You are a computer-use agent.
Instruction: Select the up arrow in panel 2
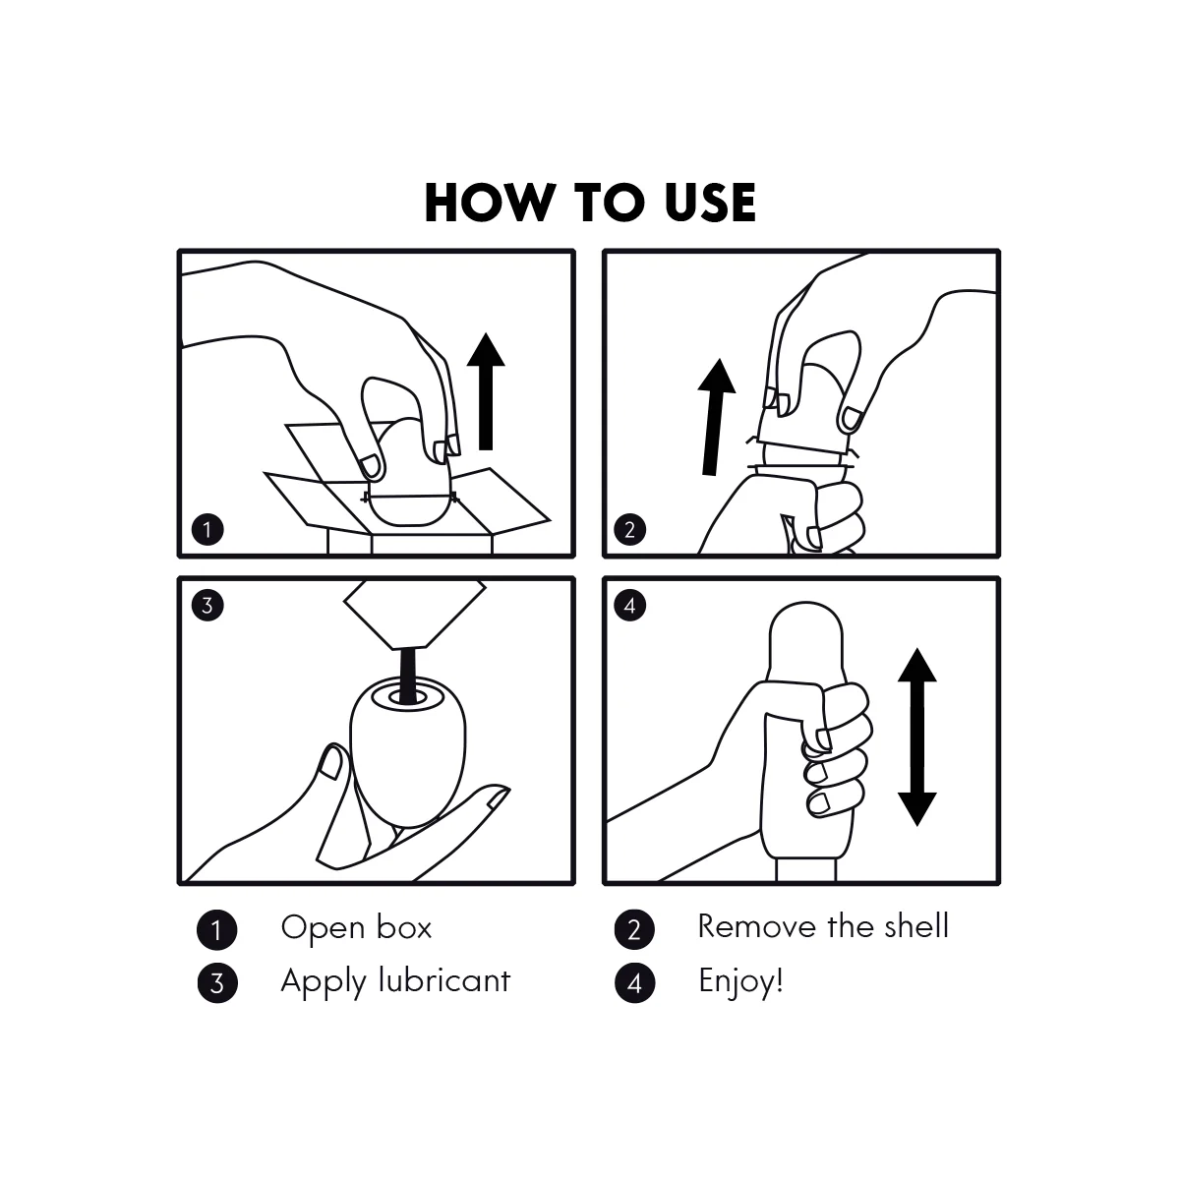pos(715,417)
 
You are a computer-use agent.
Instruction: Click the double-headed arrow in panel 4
pos(916,737)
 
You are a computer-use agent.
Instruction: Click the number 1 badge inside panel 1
pos(207,530)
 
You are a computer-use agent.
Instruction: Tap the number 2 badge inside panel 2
pos(629,530)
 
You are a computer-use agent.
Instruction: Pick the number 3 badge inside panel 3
pos(207,606)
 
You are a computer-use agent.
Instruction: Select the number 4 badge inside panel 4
pos(629,606)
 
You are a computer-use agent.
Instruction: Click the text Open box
pos(356,928)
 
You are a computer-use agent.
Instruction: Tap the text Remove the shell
pos(823,926)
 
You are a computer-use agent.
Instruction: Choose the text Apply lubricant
pos(395,982)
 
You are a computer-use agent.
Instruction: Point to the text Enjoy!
pos(741,982)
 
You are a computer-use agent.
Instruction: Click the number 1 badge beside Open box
pos(216,929)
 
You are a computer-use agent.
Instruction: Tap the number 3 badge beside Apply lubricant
pos(216,982)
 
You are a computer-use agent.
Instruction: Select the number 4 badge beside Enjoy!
pos(634,982)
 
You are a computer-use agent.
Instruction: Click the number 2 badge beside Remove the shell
pos(634,929)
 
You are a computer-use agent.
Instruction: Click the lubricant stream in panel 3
pos(408,675)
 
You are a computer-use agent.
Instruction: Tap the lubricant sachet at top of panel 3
pos(415,615)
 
